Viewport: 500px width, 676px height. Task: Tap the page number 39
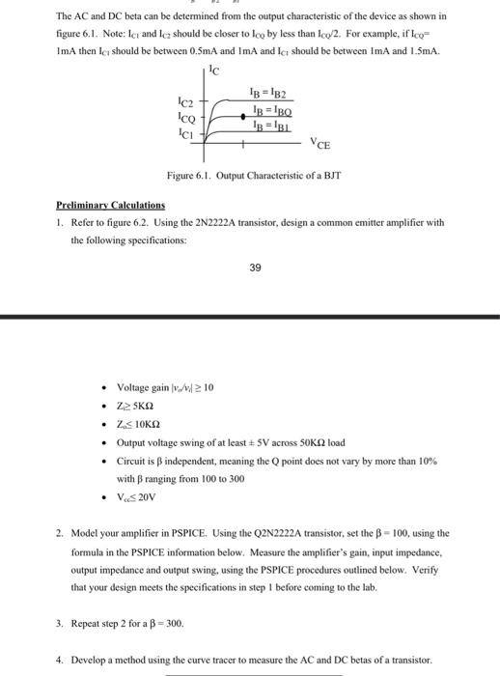pyautogui.click(x=254, y=268)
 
